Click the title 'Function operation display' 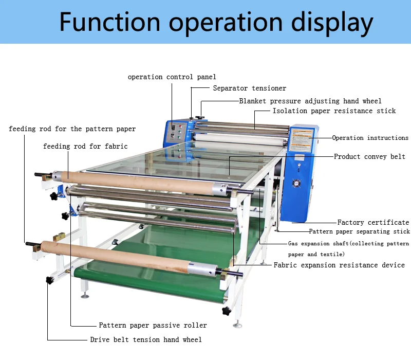(216, 22)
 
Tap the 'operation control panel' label (172, 77)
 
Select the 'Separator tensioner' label (250, 88)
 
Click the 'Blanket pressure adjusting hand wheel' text (310, 101)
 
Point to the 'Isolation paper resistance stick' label (334, 111)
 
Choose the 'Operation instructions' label (370, 138)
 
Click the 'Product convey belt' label (369, 156)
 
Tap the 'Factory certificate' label (373, 222)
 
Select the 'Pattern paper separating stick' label (359, 232)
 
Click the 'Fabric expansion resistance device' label (339, 265)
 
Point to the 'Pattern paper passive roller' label (153, 325)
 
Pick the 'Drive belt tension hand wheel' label (146, 339)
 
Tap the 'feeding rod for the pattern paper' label (72, 129)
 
